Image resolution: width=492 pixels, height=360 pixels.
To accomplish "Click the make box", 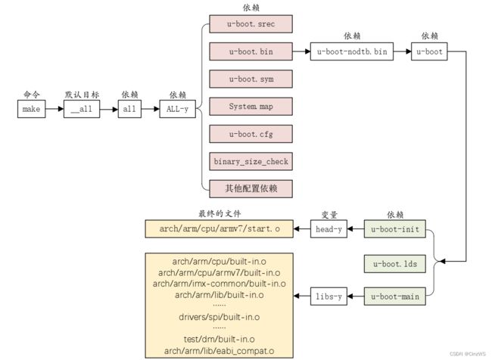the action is point(31,109).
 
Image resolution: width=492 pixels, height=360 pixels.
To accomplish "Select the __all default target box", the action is point(82,109).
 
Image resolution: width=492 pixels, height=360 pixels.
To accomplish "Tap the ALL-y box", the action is point(177,109).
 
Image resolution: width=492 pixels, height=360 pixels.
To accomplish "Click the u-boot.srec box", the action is point(251,24).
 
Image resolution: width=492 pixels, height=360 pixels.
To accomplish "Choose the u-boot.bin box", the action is point(251,51).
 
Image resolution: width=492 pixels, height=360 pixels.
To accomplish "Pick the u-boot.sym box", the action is point(251,79).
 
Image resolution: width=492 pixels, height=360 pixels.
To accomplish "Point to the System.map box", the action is point(251,107).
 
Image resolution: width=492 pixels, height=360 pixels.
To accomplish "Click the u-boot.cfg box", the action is point(251,134).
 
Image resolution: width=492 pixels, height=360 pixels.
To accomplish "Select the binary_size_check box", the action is point(251,162).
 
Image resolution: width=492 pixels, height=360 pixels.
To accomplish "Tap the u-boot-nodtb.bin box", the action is point(352,51).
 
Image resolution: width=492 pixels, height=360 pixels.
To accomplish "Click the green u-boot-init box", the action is point(394,229).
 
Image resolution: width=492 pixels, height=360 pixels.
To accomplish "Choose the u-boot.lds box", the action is point(394,264).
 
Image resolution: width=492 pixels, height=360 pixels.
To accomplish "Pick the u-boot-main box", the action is point(394,296).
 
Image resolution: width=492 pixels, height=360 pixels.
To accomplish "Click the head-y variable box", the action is point(329,229).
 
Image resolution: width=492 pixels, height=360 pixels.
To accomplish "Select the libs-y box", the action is point(329,296).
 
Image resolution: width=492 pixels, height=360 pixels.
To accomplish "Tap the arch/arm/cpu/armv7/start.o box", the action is point(219,229).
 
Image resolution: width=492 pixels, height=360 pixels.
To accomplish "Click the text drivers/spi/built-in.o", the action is point(219,317).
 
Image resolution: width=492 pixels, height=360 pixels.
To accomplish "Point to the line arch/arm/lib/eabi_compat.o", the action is point(219,351).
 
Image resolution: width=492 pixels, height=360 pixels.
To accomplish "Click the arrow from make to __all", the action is point(54,109).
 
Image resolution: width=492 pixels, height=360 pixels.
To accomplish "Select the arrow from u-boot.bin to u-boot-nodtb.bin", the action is point(301,51).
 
